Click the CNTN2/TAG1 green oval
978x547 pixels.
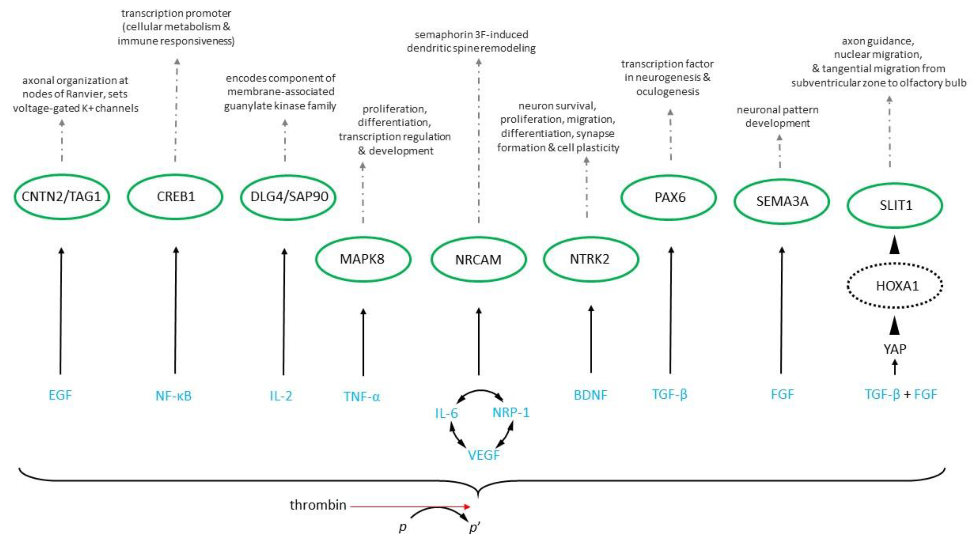point(62,197)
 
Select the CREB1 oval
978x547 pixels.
point(175,197)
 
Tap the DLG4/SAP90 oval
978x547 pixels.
point(288,197)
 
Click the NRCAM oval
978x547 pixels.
point(478,260)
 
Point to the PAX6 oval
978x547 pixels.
point(669,197)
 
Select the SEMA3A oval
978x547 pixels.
point(782,201)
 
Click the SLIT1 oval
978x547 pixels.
point(895,205)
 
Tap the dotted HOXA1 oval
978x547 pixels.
point(895,285)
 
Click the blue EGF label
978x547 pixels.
point(60,395)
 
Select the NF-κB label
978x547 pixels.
point(174,396)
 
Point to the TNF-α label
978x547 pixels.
point(362,397)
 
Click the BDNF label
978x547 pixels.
point(590,395)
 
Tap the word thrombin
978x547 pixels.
point(318,505)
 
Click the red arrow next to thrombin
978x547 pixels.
point(410,506)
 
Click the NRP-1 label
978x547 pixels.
point(511,412)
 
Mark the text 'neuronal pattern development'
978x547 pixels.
point(777,116)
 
